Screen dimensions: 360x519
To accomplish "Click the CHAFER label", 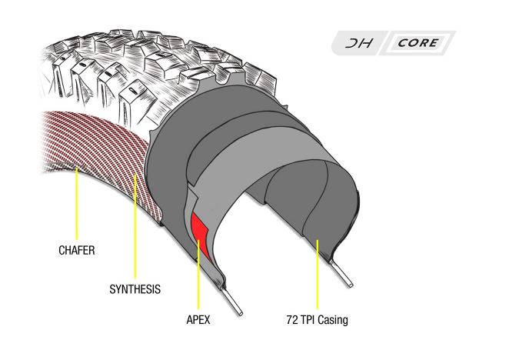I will [x=77, y=251].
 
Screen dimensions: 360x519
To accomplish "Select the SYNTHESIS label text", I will [x=135, y=290].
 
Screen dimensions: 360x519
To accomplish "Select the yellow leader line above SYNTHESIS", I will [x=135, y=231].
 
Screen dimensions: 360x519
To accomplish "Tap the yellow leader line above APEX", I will [x=199, y=277].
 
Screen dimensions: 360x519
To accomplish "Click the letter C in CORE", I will [x=404, y=43].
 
